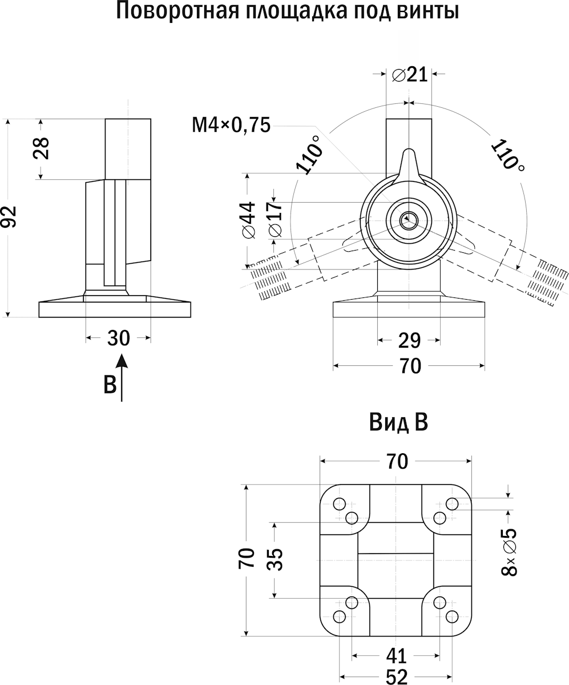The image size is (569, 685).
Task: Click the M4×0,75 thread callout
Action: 231,124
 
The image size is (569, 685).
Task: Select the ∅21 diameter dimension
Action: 410,74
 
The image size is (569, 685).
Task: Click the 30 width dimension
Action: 119,339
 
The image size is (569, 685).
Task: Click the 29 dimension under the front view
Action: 409,341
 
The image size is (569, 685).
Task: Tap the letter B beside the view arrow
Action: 110,384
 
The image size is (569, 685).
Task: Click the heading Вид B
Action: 398,424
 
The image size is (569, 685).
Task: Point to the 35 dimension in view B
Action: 275,559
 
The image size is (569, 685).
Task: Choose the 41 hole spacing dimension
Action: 396,655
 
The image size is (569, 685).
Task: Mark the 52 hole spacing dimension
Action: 396,676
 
